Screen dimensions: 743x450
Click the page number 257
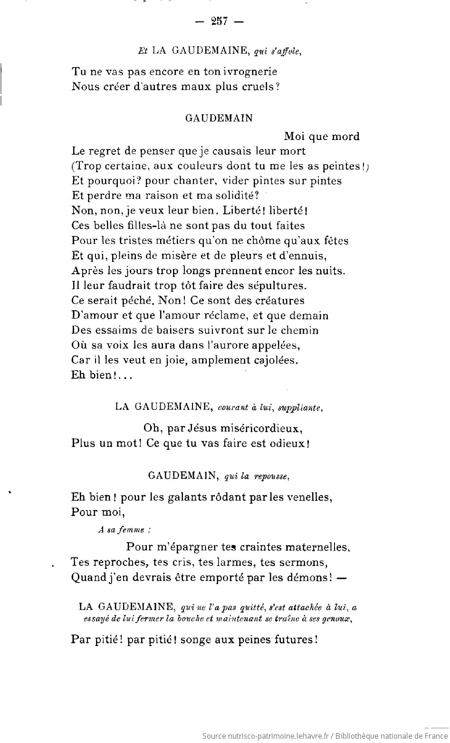(220, 21)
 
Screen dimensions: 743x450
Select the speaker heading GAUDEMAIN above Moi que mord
(219, 119)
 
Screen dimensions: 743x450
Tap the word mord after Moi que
(345, 137)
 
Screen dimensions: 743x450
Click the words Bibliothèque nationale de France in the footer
(390, 736)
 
